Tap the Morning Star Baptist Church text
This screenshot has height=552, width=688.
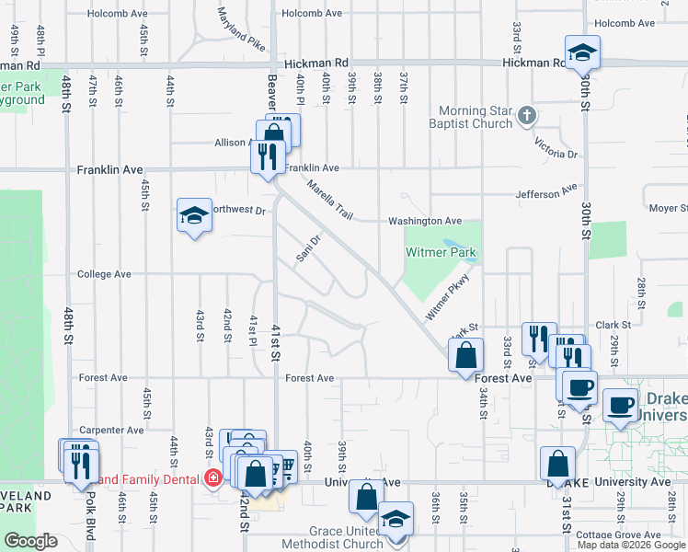click(x=475, y=117)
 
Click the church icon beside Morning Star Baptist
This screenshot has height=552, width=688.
click(x=526, y=116)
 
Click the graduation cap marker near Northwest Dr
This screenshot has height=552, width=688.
click(x=194, y=217)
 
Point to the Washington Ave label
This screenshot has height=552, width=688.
click(x=424, y=221)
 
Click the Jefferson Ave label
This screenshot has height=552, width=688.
click(x=546, y=194)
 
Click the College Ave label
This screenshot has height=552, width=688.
click(x=104, y=274)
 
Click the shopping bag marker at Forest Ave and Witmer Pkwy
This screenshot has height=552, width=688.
click(x=467, y=356)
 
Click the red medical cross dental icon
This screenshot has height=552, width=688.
click(x=213, y=478)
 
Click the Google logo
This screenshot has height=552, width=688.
click(x=30, y=541)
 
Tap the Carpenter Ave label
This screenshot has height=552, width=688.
click(x=111, y=430)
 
